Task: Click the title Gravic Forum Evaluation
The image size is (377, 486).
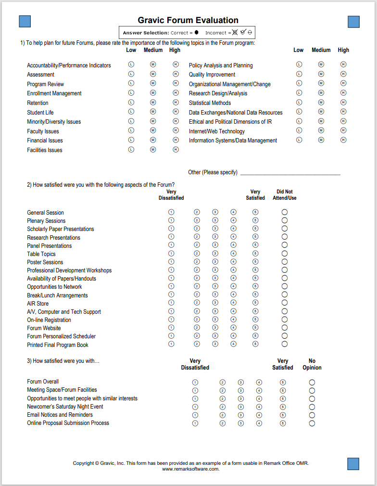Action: point(188,20)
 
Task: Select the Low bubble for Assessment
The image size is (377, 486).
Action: point(131,74)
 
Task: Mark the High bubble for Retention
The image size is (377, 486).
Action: point(176,102)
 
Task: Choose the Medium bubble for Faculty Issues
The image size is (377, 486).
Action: point(153,130)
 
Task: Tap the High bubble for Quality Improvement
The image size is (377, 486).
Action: point(343,74)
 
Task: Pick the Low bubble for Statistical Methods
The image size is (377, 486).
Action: point(299,102)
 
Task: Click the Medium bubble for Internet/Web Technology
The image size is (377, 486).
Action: point(321,130)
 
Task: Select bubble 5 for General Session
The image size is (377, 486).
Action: point(255,212)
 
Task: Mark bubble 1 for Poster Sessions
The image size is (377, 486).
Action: point(171,262)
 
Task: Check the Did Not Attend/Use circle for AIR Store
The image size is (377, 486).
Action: point(285,303)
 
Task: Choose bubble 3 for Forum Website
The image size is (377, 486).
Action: point(215,328)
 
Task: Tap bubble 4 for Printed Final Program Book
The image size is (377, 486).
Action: point(233,344)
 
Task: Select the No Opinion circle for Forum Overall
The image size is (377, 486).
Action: point(312,382)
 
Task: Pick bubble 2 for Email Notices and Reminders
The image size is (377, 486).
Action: point(222,415)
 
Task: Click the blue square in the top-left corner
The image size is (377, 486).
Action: point(25,21)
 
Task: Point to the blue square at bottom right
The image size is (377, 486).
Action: point(353,464)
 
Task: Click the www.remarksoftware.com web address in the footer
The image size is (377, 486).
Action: point(191,469)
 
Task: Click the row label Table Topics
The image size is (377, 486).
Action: point(41,254)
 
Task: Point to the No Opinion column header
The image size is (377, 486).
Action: point(312,364)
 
